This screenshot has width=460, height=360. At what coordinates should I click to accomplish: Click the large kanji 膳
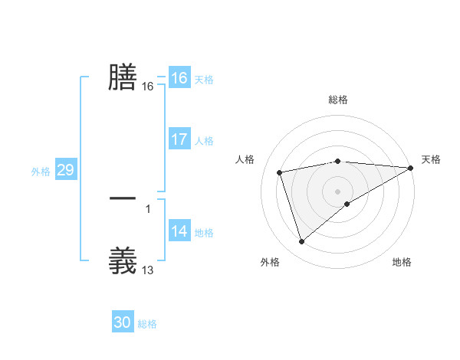tap(123, 77)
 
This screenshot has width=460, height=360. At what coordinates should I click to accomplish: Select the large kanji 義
tap(123, 260)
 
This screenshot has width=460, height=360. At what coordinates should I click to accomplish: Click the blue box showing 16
tap(179, 78)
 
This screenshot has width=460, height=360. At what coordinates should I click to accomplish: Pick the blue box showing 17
tap(179, 139)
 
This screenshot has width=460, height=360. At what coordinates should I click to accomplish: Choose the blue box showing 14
tap(179, 231)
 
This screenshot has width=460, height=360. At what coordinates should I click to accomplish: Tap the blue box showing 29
tap(65, 170)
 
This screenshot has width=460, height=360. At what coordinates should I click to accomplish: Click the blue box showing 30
tap(123, 322)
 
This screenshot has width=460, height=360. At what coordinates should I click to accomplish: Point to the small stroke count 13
tap(148, 270)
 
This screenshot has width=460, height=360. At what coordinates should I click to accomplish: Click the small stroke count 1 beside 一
tap(148, 208)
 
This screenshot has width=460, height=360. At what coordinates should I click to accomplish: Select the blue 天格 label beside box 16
tap(204, 80)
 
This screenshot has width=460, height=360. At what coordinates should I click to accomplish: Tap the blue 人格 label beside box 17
tap(204, 141)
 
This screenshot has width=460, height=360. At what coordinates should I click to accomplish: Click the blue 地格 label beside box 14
tap(204, 233)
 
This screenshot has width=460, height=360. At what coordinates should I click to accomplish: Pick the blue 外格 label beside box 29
tap(41, 172)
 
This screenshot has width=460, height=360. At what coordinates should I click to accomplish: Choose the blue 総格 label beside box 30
tap(148, 324)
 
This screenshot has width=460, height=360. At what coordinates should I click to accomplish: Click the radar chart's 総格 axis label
tap(337, 100)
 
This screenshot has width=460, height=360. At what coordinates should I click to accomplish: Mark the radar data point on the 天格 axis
tap(411, 168)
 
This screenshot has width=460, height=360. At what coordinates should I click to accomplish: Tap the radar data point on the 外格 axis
tap(301, 242)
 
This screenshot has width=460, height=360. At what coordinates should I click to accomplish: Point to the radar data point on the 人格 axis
tap(280, 172)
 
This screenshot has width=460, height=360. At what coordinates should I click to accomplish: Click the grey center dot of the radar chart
tap(337, 191)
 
